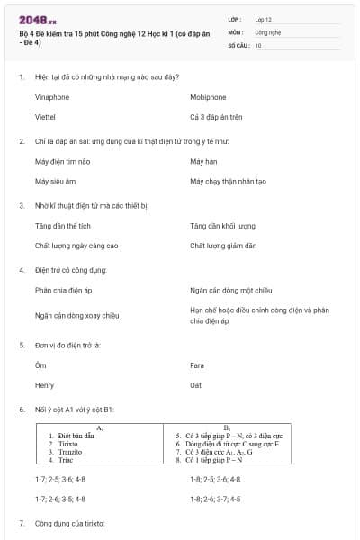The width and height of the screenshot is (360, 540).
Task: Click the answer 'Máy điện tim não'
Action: point(61,161)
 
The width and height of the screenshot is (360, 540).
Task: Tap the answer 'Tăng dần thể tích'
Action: point(62,226)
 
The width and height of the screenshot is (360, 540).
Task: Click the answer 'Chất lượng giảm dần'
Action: point(223,246)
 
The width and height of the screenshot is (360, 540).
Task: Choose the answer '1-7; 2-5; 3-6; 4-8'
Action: point(60,479)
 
